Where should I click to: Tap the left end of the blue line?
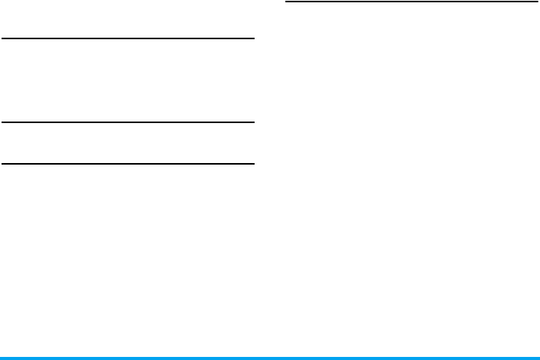[2, 358]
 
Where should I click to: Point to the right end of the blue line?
[538, 358]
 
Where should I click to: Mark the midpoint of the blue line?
[270, 358]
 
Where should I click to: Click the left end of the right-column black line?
[287, 2]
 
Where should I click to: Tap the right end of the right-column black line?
[536, 2]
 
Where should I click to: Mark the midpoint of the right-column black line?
[412, 2]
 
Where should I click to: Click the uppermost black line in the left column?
[128, 38]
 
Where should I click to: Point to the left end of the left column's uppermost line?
[2, 38]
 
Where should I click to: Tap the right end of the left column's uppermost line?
[252, 38]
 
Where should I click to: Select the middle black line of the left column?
[128, 122]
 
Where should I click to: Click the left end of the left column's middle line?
[2, 122]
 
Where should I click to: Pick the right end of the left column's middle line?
[252, 122]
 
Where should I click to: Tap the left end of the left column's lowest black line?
[2, 163]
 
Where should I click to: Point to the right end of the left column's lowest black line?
[252, 163]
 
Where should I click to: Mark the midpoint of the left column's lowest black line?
[128, 163]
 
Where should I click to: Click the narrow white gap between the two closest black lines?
[128, 142]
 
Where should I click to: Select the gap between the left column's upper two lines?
[128, 80]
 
